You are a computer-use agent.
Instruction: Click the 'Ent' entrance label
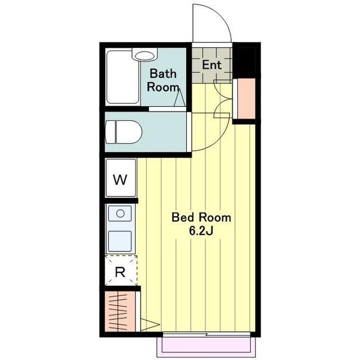tap(211, 65)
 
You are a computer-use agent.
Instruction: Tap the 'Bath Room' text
tap(163, 80)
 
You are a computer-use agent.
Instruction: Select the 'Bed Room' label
tap(201, 218)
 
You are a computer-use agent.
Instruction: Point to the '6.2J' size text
tap(201, 231)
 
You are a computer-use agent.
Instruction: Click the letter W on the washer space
tap(120, 180)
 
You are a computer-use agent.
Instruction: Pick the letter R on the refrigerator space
tap(120, 272)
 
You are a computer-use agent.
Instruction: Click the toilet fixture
tap(124, 132)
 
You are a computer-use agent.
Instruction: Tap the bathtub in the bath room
tap(123, 77)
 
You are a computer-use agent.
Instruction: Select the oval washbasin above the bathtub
tap(145, 56)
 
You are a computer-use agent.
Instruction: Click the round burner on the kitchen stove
tap(120, 214)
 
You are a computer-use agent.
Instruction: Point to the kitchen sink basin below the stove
tap(120, 241)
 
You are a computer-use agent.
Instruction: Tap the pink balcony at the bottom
tap(206, 347)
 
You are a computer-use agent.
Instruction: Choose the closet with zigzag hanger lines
tap(120, 312)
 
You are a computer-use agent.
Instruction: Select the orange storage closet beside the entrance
tap(246, 98)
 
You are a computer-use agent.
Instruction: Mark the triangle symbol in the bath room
tap(179, 97)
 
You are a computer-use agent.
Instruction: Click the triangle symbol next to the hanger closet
tap(150, 325)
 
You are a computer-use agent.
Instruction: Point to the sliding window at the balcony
tap(206, 335)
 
